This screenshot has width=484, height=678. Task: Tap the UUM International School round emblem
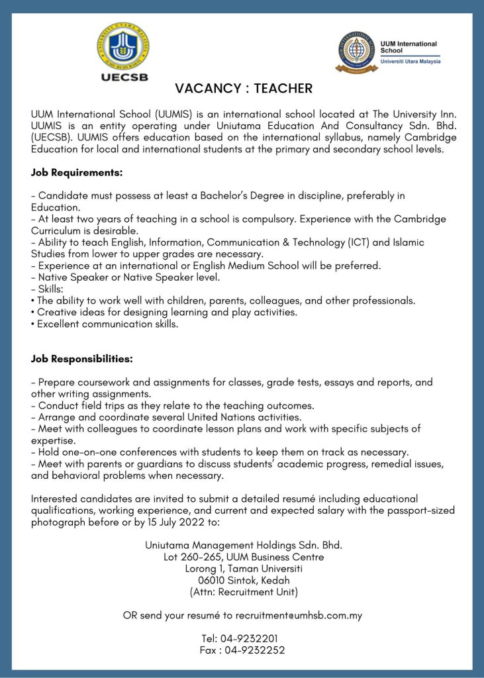(x=356, y=52)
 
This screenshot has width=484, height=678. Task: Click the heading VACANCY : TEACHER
(x=244, y=88)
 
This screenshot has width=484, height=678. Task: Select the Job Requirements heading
(x=77, y=173)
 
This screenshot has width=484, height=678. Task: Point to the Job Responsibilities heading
(x=82, y=359)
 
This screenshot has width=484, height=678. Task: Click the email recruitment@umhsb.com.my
(x=299, y=615)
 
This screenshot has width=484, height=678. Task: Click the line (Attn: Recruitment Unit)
(x=244, y=591)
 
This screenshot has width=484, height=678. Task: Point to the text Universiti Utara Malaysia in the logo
(x=411, y=62)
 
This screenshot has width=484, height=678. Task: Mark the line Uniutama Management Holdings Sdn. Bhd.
(x=244, y=546)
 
